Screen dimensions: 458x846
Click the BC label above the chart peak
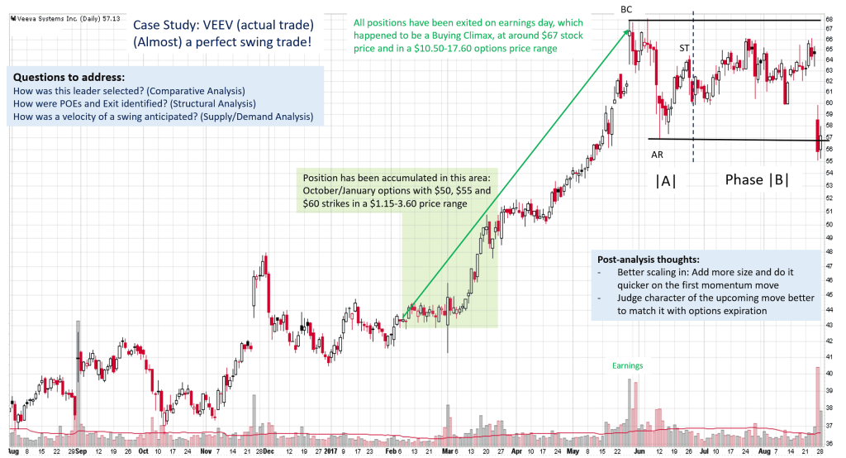[x=627, y=8]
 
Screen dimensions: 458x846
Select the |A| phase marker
[x=666, y=180]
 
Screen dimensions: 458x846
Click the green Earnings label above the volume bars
[x=627, y=365]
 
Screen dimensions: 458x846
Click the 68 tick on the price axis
[x=829, y=19]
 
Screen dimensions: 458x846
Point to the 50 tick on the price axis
[x=829, y=223]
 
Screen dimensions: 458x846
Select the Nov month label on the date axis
[x=204, y=451]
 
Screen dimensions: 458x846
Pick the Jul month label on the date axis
[x=702, y=451]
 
